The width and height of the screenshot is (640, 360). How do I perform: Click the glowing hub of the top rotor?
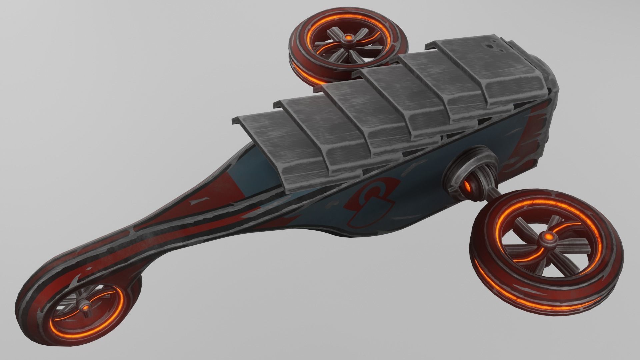click(x=349, y=38)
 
